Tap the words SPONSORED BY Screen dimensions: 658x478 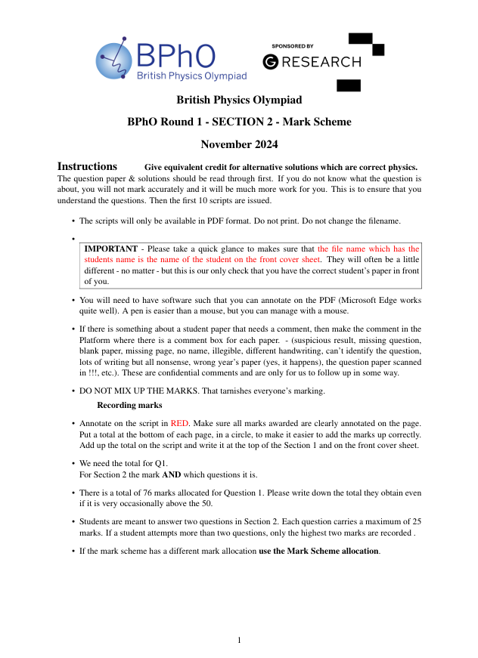(292, 47)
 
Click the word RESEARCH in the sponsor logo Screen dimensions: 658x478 (321, 62)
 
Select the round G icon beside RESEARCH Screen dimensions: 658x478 (270, 62)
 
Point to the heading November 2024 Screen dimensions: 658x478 (239, 144)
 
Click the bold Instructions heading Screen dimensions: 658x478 (87, 166)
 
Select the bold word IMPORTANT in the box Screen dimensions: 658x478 (110, 249)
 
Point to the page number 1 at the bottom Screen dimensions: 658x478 (239, 641)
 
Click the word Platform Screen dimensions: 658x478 (96, 341)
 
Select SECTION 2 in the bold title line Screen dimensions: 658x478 (244, 122)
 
